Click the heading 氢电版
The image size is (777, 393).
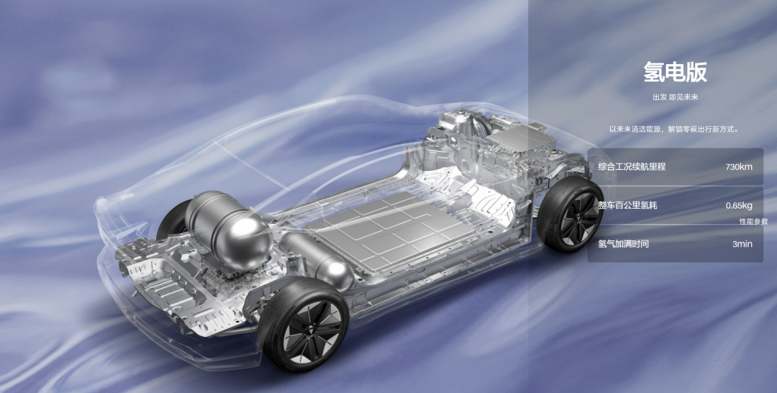tap(675, 72)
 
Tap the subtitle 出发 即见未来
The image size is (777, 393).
tap(675, 97)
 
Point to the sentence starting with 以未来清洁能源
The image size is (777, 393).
tap(675, 130)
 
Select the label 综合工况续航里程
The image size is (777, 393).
tap(632, 166)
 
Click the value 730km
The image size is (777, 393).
tap(739, 167)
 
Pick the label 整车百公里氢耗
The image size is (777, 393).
tap(628, 205)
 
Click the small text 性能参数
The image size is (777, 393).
tap(754, 222)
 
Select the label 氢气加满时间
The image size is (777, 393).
tap(623, 244)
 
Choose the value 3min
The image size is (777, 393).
tap(742, 244)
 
